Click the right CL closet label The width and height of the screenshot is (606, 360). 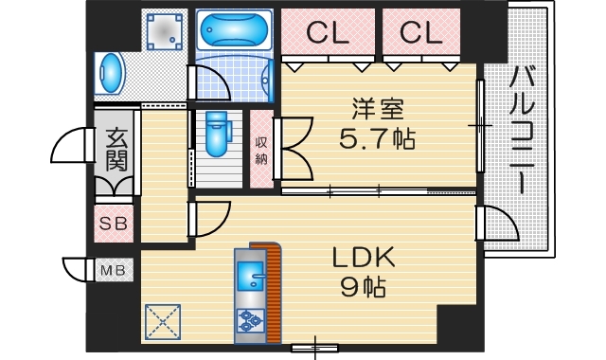pyautogui.click(x=420, y=32)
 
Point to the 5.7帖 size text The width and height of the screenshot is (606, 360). pyautogui.click(x=377, y=139)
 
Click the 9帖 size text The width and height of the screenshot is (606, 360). pyautogui.click(x=362, y=285)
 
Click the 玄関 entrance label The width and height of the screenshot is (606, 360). pyautogui.click(x=116, y=151)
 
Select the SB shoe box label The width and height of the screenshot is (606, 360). pyautogui.click(x=116, y=225)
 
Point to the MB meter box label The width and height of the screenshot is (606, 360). pyautogui.click(x=114, y=271)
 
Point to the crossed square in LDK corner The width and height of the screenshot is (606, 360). pyautogui.click(x=163, y=320)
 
